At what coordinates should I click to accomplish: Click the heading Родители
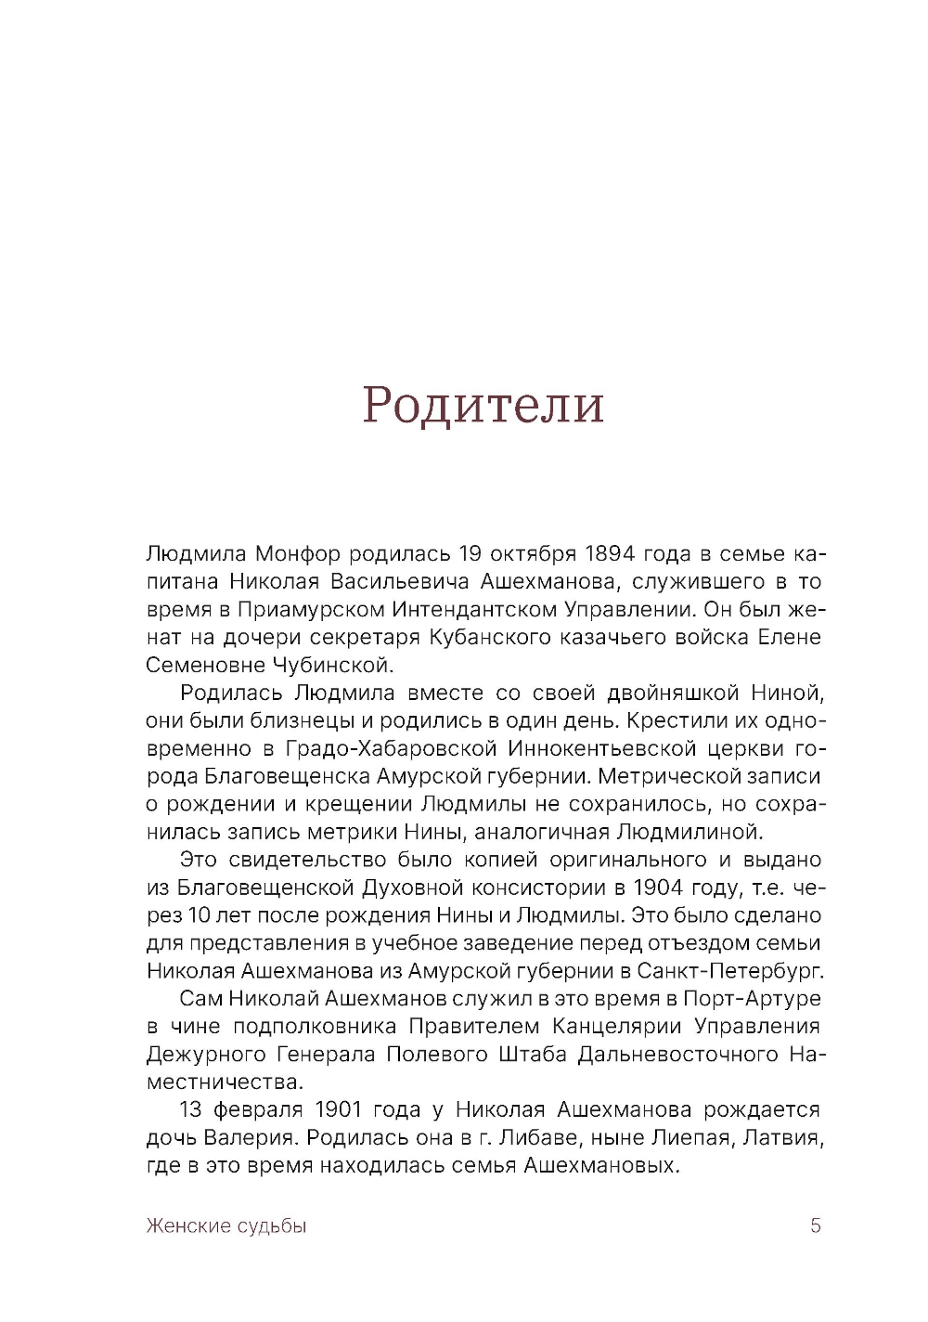tap(483, 406)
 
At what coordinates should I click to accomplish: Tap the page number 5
tap(816, 1225)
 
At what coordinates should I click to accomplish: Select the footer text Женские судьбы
tap(226, 1226)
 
